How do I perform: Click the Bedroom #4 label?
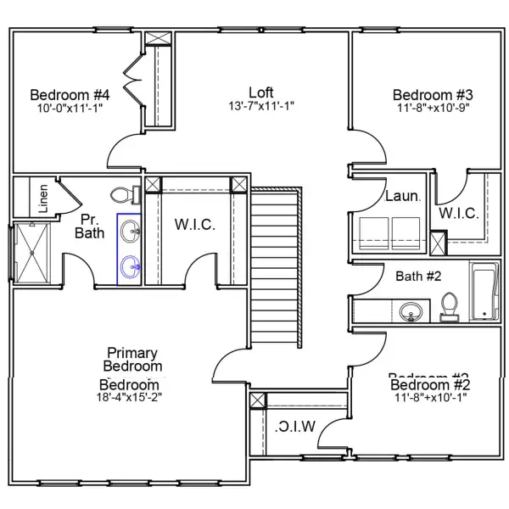pos(64,94)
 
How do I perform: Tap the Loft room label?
pos(261,92)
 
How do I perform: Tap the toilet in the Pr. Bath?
pos(126,194)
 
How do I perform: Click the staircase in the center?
pos(277,267)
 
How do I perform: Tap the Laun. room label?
pos(402,196)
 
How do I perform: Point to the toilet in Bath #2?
pos(449,306)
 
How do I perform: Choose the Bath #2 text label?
pos(419,275)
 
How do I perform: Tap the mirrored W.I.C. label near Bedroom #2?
pos(295,425)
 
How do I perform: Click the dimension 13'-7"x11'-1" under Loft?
pos(261,107)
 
